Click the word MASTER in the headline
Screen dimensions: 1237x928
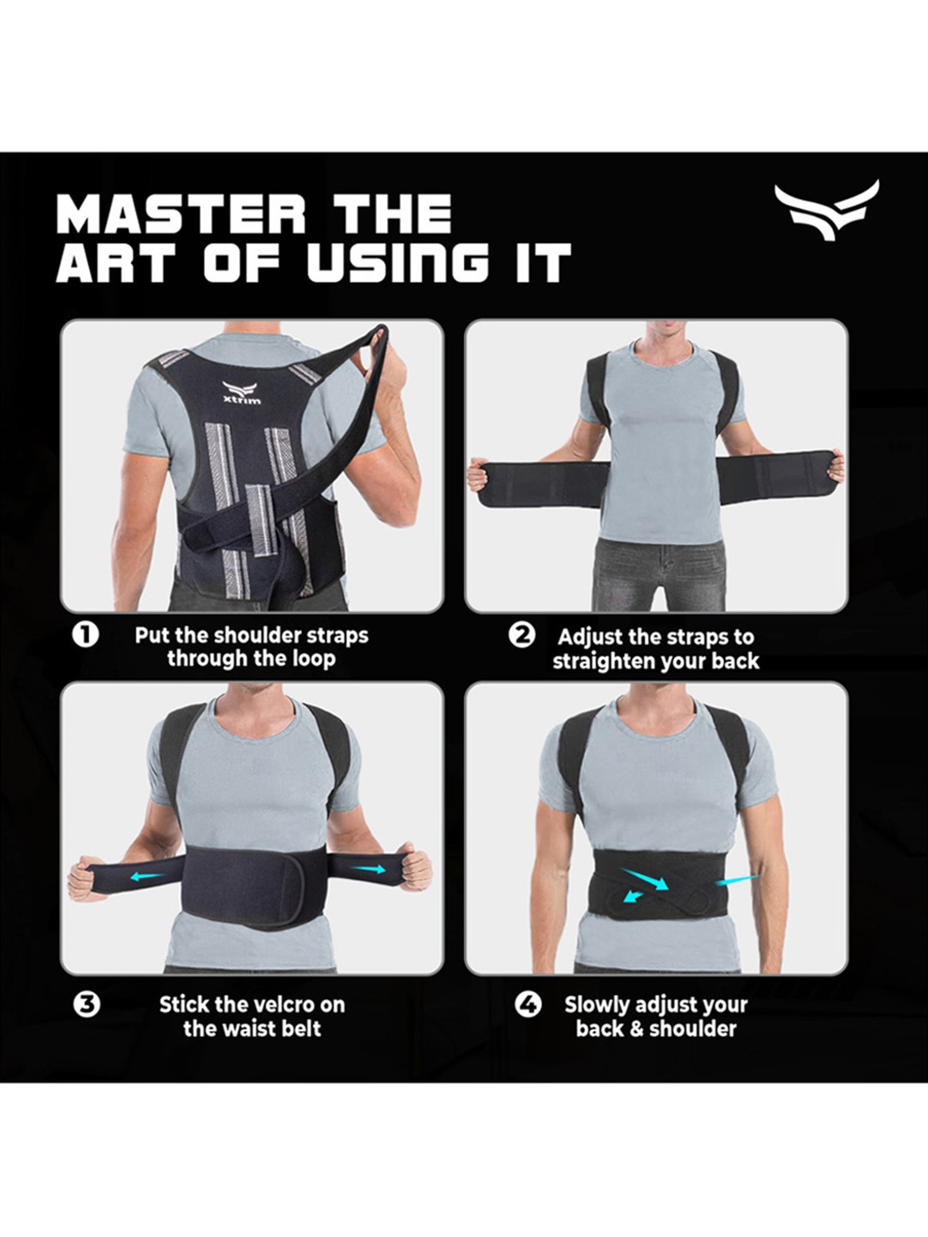tap(180, 213)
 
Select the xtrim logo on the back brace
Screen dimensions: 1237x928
tap(242, 393)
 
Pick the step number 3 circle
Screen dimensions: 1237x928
tap(86, 1004)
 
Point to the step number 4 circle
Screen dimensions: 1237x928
tap(528, 1004)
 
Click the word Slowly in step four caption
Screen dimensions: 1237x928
tap(596, 1005)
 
